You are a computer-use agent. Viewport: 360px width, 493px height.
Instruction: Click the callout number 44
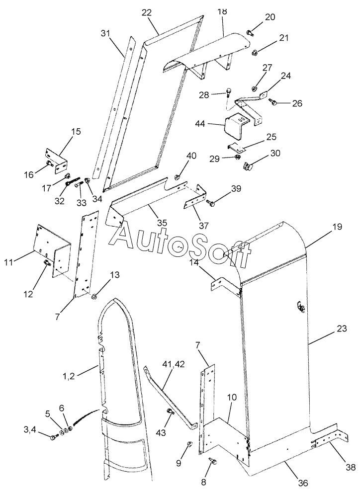(x=209, y=124)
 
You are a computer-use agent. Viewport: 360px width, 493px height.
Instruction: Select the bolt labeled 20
(x=250, y=32)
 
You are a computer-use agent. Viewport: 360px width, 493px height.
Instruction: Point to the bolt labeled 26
(x=272, y=101)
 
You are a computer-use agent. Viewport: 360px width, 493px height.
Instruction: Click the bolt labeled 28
(x=228, y=92)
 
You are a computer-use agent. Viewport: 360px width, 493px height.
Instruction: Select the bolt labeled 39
(x=210, y=203)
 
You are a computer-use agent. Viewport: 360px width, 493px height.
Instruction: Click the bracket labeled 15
(x=57, y=161)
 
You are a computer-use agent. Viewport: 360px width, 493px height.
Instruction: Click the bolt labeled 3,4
(x=54, y=436)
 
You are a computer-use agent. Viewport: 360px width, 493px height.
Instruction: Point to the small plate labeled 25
(x=235, y=147)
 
